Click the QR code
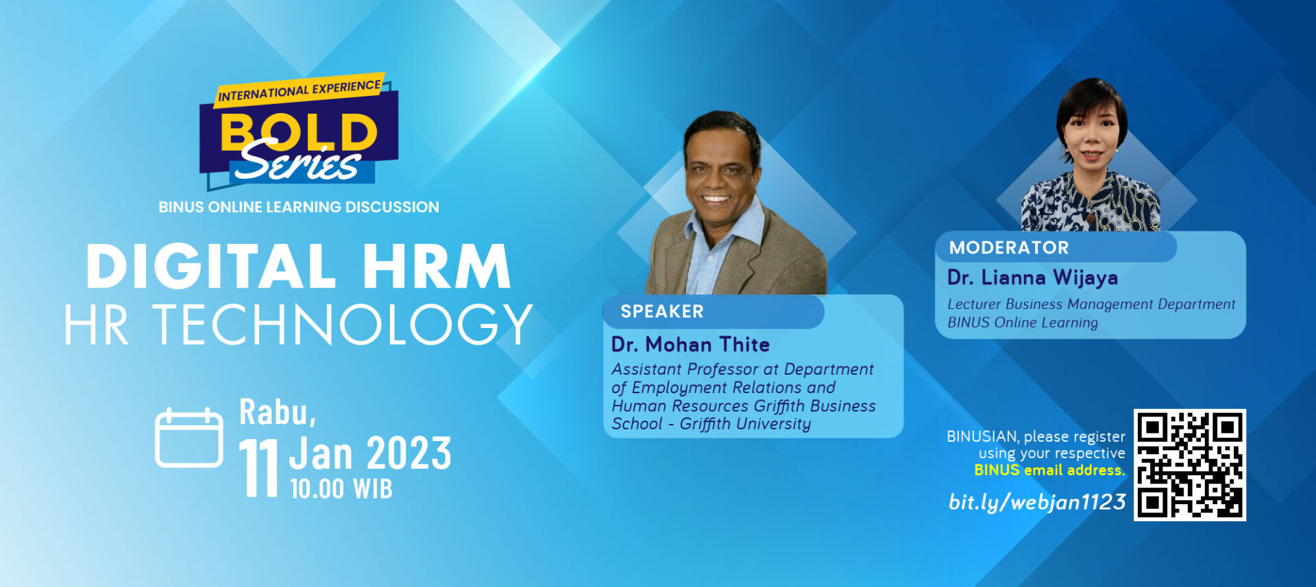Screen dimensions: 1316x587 click(x=1189, y=465)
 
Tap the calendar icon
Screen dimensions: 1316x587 click(x=189, y=438)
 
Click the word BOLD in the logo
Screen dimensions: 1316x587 click(x=299, y=132)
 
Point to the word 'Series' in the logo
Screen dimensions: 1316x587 click(x=299, y=162)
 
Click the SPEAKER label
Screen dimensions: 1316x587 click(x=662, y=312)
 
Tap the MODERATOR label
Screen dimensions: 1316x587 click(x=1009, y=247)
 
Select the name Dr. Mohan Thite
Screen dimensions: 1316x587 click(x=690, y=344)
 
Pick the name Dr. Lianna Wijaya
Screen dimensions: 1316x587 click(x=1032, y=277)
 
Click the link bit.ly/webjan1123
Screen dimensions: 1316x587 click(x=1037, y=502)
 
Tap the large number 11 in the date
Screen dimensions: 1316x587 click(x=258, y=468)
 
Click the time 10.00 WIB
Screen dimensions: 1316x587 click(x=341, y=488)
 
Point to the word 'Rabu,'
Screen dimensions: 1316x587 click(x=278, y=412)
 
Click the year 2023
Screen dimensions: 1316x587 click(x=409, y=453)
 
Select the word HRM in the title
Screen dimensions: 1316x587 click(x=437, y=266)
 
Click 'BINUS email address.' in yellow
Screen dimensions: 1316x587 click(x=1049, y=470)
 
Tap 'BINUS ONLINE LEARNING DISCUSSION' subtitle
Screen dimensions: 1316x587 click(x=299, y=207)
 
